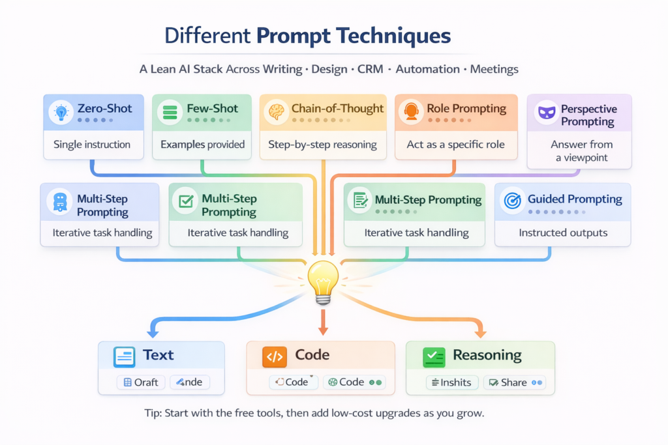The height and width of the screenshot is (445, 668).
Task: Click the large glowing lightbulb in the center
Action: [x=323, y=280]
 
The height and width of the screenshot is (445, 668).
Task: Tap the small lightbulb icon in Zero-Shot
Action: [x=61, y=111]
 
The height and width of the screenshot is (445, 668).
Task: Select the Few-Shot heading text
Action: [x=212, y=109]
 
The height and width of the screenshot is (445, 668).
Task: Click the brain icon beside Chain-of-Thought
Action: [x=276, y=110]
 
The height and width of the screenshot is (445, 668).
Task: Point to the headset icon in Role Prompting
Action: [x=411, y=110]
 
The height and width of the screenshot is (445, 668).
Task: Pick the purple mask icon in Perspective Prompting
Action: [x=545, y=113]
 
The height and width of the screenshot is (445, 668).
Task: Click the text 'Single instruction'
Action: [x=92, y=145]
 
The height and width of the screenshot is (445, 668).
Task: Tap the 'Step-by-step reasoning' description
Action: [x=322, y=145]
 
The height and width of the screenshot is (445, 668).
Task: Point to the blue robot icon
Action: [x=59, y=201]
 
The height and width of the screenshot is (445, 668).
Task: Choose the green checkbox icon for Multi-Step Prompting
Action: [x=185, y=201]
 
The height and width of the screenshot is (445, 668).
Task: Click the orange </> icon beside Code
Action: [x=274, y=356]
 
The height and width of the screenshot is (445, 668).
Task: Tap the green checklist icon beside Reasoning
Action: [x=433, y=356]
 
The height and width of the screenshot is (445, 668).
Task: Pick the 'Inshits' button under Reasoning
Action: [x=452, y=382]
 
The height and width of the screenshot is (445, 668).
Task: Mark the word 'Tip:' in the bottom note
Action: [x=155, y=413]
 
